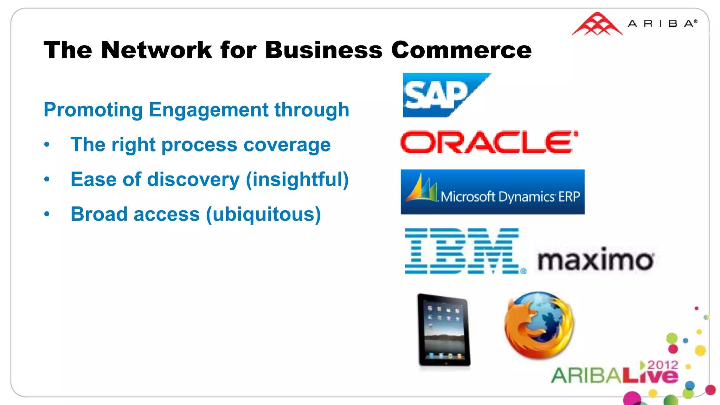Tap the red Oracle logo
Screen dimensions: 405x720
489,142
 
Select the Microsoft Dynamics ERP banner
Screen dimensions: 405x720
492,192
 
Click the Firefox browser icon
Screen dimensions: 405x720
539,325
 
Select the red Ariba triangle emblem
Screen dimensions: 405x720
597,25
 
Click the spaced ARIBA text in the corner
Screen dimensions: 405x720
662,24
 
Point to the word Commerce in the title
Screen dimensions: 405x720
461,50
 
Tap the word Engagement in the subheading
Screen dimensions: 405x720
208,110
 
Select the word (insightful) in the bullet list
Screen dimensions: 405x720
297,180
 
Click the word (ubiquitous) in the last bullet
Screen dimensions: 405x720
263,214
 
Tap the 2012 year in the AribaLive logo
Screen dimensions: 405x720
663,365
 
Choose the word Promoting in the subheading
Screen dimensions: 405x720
93,110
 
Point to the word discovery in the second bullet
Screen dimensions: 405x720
193,180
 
